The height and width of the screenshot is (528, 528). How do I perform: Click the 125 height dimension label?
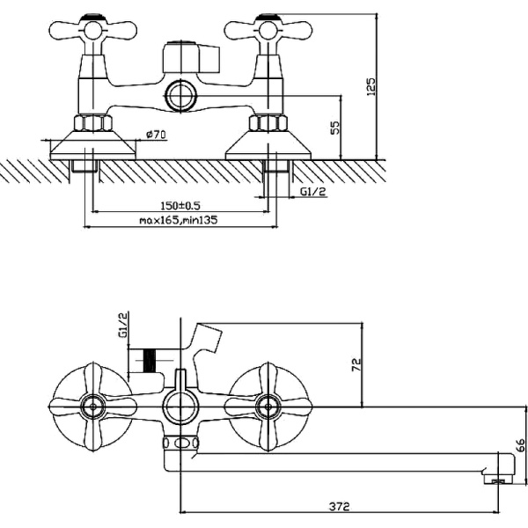pos(371,86)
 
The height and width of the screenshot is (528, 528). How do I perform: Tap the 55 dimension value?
pos(335,127)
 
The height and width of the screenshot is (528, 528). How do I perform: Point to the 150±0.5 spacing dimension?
pos(180,205)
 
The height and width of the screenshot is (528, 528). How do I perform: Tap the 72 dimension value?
pos(356,364)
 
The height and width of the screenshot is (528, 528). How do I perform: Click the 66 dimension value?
pos(519,445)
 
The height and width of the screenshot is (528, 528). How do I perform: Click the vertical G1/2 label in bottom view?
pos(123,325)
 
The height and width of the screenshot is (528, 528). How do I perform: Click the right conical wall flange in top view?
pos(269,144)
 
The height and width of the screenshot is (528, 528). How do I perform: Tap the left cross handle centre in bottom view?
pos(91,407)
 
